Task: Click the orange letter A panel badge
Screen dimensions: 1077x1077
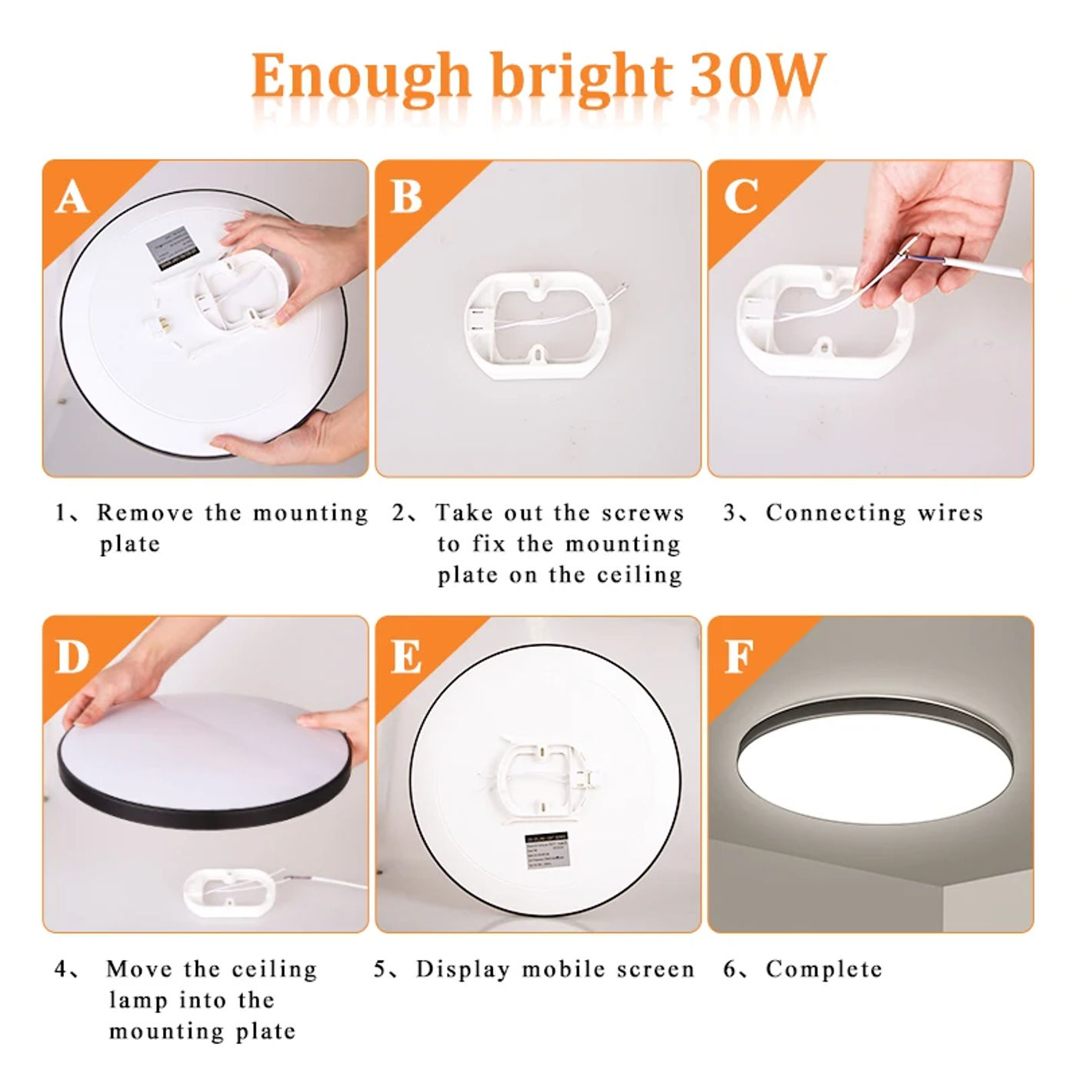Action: [x=72, y=197]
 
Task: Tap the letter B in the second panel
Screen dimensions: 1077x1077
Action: [x=406, y=197]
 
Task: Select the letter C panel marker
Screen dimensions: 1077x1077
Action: [x=740, y=197]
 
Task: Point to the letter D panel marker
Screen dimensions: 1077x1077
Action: [x=72, y=656]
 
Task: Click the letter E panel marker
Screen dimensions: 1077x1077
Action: [x=406, y=656]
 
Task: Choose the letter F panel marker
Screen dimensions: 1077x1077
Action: [x=739, y=656]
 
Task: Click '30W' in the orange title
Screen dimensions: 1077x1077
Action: [x=757, y=75]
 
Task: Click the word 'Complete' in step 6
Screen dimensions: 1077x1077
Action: [x=823, y=969]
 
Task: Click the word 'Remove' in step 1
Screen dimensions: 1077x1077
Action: [x=145, y=512]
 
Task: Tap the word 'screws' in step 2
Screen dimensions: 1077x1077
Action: [x=642, y=512]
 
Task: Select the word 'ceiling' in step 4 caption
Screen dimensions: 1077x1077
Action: [x=274, y=969]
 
